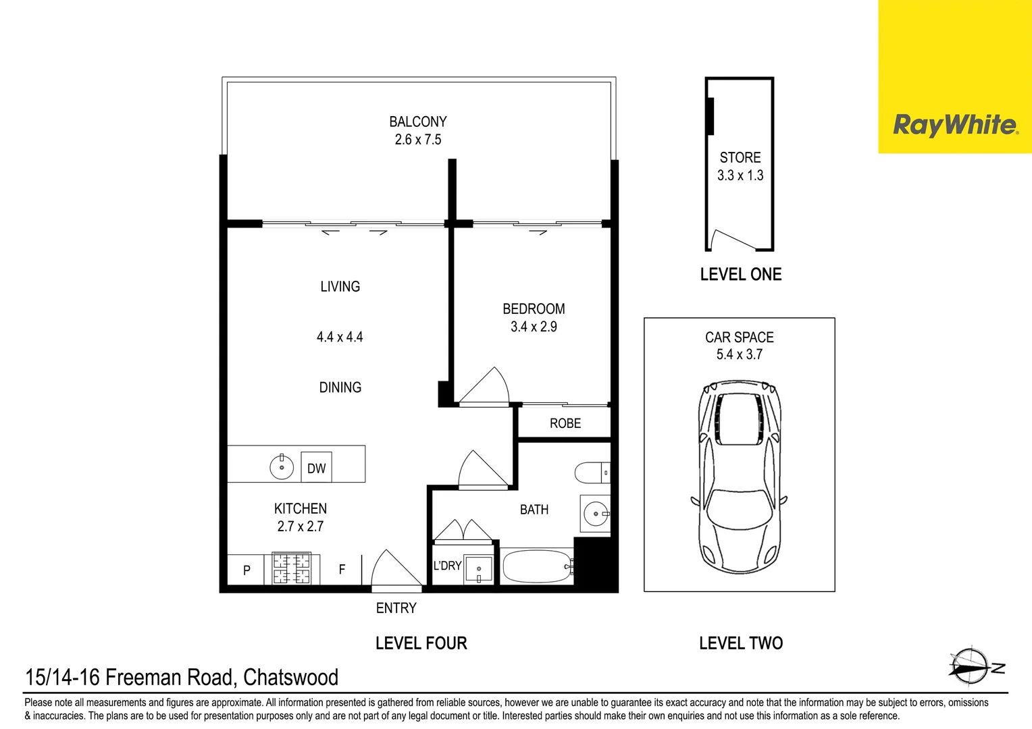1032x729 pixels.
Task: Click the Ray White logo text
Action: click(954, 125)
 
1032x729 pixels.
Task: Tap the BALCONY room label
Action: click(418, 122)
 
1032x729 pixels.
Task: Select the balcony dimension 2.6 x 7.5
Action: click(418, 140)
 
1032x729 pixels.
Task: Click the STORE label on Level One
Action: click(740, 158)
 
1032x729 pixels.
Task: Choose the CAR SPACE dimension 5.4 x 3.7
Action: click(740, 354)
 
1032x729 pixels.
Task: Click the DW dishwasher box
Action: click(316, 468)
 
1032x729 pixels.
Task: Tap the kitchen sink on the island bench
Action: click(282, 466)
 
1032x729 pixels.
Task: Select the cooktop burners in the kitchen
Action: click(291, 568)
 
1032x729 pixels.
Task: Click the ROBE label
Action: click(565, 423)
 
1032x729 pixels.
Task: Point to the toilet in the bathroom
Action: click(592, 473)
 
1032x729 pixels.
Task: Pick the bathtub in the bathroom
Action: click(538, 567)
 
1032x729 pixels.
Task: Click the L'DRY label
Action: click(447, 566)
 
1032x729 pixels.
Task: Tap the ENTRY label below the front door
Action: click(396, 608)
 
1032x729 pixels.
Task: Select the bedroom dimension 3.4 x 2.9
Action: click(534, 327)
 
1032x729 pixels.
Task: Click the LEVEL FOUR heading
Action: click(421, 643)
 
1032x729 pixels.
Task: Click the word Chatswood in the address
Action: click(290, 677)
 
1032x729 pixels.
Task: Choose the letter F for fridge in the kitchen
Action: click(342, 570)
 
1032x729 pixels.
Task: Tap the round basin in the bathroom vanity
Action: click(595, 514)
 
